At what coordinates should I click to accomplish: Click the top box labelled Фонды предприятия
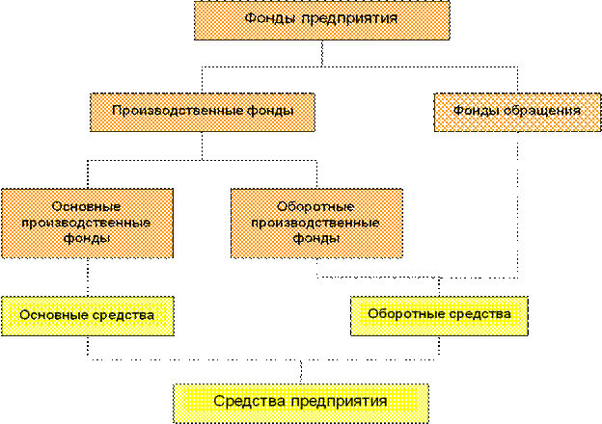click(x=321, y=20)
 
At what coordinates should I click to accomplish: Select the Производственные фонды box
click(x=202, y=112)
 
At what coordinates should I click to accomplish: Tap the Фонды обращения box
click(x=516, y=112)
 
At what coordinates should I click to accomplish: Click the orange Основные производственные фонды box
click(x=87, y=223)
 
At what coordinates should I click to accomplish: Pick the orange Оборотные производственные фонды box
click(x=316, y=223)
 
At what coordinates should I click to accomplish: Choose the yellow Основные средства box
click(x=87, y=316)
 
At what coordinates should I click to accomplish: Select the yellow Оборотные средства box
click(x=439, y=316)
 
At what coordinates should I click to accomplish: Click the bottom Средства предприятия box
click(x=301, y=402)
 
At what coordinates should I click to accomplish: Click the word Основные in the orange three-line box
click(x=87, y=207)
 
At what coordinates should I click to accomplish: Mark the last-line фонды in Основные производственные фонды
click(x=87, y=238)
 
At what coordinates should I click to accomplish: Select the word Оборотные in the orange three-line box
click(x=316, y=207)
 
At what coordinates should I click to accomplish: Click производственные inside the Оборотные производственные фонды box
click(x=316, y=223)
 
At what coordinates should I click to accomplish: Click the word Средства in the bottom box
click(x=247, y=402)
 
